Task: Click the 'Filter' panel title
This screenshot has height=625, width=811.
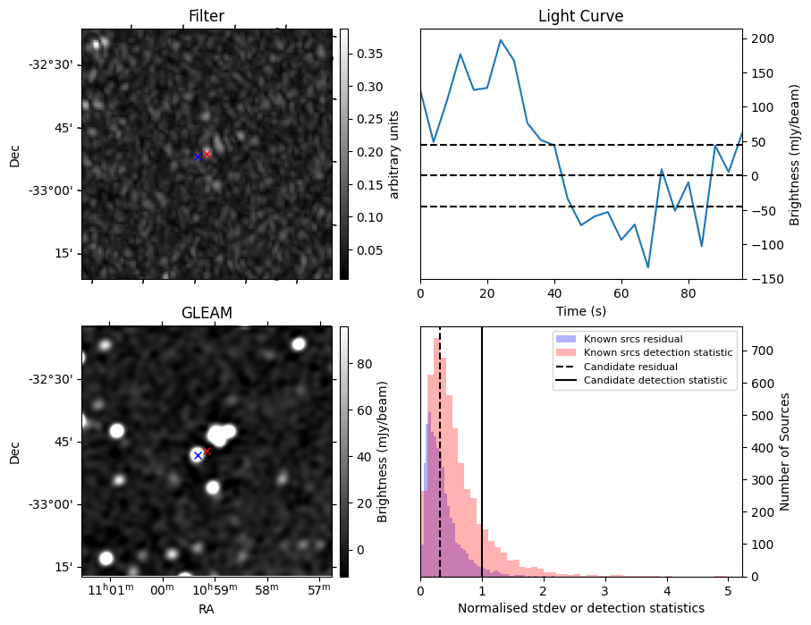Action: tap(206, 16)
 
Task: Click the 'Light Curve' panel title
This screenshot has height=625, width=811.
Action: tap(580, 16)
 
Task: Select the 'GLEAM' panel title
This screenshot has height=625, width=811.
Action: tap(206, 313)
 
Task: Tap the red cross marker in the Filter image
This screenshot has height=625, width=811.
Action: tap(207, 154)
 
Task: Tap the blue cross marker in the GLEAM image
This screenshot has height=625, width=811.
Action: tap(198, 455)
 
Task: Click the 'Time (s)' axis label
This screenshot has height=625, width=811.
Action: tap(580, 308)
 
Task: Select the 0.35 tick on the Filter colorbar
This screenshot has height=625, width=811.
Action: tap(363, 54)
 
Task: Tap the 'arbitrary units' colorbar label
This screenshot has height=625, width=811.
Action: tap(394, 154)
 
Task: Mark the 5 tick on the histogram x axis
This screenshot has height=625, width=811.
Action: tap(728, 590)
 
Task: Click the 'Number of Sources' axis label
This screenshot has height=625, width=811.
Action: tap(785, 452)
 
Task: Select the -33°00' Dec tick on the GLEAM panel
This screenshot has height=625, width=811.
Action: tap(55, 504)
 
